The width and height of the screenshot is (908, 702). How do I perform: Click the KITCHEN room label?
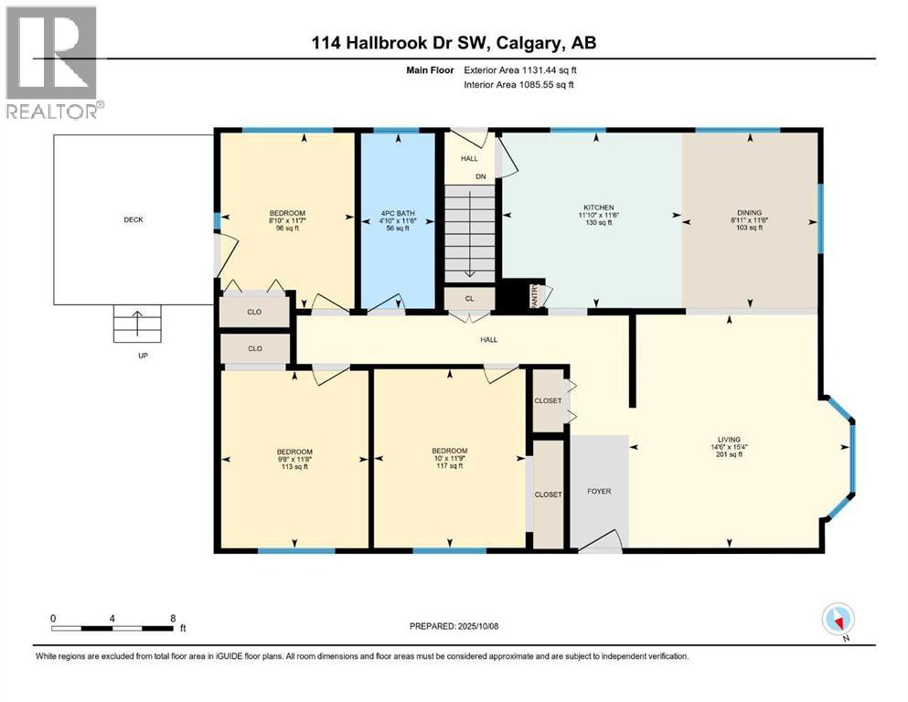[599, 207]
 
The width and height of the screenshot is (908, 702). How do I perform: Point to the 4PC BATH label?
[396, 217]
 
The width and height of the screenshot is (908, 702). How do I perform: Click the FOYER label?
[599, 492]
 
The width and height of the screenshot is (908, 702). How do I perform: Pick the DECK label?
[134, 219]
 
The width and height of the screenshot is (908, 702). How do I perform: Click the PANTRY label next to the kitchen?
[537, 295]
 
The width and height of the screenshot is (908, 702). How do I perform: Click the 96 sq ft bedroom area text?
[284, 229]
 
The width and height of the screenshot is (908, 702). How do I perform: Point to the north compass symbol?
[838, 620]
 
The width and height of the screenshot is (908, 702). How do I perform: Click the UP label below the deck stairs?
[142, 356]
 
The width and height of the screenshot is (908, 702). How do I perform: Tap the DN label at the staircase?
[480, 176]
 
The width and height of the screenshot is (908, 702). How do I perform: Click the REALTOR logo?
[53, 61]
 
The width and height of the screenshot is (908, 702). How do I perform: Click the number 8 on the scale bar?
[173, 618]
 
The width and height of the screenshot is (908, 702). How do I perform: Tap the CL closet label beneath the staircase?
[469, 298]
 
